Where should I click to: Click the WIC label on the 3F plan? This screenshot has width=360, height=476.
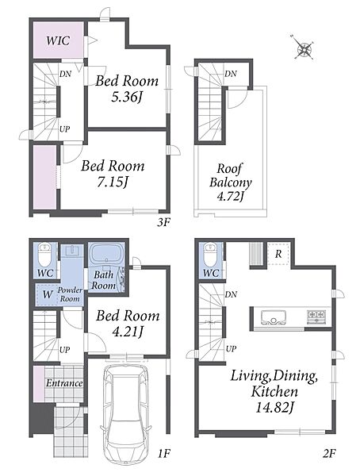pyautogui.click(x=58, y=40)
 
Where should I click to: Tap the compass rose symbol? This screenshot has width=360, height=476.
pyautogui.click(x=304, y=48)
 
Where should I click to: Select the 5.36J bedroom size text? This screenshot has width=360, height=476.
pyautogui.click(x=127, y=98)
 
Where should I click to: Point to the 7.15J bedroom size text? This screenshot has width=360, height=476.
pyautogui.click(x=113, y=182)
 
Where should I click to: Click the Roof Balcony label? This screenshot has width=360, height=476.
pyautogui.click(x=231, y=175)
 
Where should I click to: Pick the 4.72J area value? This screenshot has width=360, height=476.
pyautogui.click(x=231, y=196)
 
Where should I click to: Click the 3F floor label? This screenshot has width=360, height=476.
pyautogui.click(x=163, y=223)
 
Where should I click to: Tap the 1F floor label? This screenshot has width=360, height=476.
pyautogui.click(x=163, y=454)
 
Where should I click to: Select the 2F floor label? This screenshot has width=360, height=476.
pyautogui.click(x=329, y=454)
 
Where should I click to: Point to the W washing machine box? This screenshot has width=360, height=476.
pyautogui.click(x=47, y=294)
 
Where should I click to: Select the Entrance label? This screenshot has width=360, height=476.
pyautogui.click(x=64, y=383)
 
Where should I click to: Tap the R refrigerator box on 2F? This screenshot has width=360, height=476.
pyautogui.click(x=278, y=254)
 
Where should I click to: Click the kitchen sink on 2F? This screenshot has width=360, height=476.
pyautogui.click(x=274, y=317)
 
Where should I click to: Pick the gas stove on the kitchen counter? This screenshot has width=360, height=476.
pyautogui.click(x=316, y=316)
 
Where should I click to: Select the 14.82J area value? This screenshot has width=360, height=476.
pyautogui.click(x=274, y=408)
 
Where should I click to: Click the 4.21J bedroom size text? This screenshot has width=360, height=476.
pyautogui.click(x=128, y=332)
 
